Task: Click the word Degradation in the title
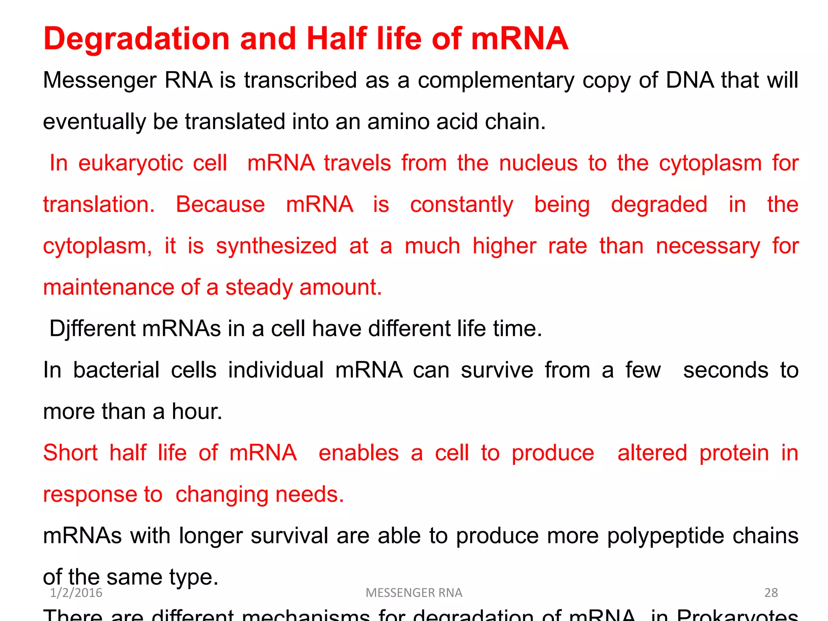[x=137, y=39]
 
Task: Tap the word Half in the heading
[x=337, y=38]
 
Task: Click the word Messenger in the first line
[x=99, y=80]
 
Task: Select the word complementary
[x=496, y=80]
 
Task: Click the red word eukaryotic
[x=152, y=163]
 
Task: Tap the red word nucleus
[x=538, y=163]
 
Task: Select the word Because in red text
[x=220, y=204]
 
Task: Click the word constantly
[x=462, y=205]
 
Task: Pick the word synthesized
[x=276, y=246]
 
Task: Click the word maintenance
[x=108, y=287]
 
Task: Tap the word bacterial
[x=116, y=370]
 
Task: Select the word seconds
[x=726, y=370]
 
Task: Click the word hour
[x=196, y=412]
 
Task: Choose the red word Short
[x=70, y=452]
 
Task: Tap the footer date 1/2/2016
[x=76, y=593]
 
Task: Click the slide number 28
[x=771, y=593]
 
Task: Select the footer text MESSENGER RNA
[x=414, y=593]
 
